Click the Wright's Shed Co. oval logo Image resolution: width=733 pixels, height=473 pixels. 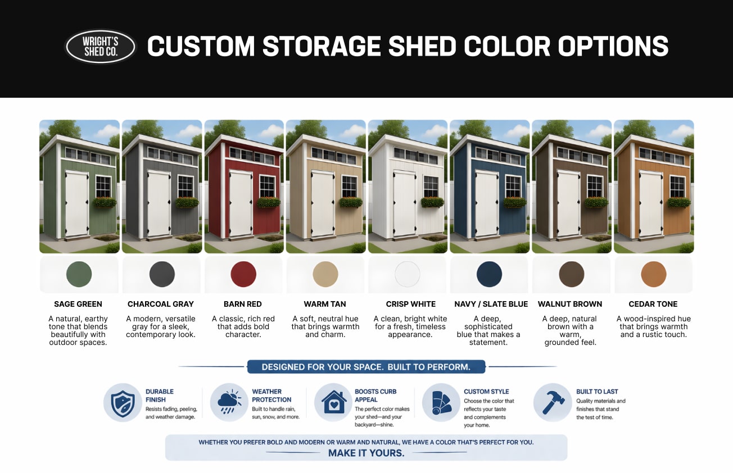pyautogui.click(x=101, y=47)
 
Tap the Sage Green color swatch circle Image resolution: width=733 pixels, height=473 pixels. pyautogui.click(x=79, y=274)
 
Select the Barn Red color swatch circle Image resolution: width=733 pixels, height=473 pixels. pyautogui.click(x=243, y=274)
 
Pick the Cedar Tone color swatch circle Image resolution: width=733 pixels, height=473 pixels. pyautogui.click(x=653, y=274)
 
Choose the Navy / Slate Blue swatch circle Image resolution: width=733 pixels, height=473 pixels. pyautogui.click(x=489, y=274)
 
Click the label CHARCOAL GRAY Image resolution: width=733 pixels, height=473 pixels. pyautogui.click(x=160, y=304)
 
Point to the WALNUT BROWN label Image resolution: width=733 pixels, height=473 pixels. pyautogui.click(x=570, y=304)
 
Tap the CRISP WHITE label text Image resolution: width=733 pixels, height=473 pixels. pyautogui.click(x=411, y=304)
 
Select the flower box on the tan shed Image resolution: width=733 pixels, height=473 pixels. pyautogui.click(x=350, y=202)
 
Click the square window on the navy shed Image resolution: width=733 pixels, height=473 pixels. pyautogui.click(x=513, y=186)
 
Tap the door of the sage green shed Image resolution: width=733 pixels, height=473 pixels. pyautogui.click(x=76, y=204)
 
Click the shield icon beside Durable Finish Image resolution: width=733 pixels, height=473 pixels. pyautogui.click(x=122, y=402)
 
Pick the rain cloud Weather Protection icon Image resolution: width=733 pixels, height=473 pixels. pyautogui.click(x=229, y=402)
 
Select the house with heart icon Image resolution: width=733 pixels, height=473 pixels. pyautogui.click(x=333, y=402)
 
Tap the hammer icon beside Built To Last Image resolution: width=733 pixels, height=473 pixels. pyautogui.click(x=552, y=402)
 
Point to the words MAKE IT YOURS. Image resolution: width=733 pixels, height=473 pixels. pyautogui.click(x=366, y=453)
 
